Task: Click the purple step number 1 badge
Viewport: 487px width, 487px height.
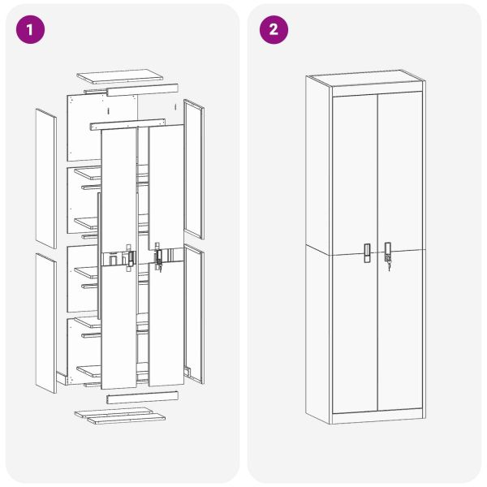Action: (30, 30)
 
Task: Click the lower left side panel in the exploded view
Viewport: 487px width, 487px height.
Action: (46, 322)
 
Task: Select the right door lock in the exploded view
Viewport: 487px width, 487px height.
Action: (157, 257)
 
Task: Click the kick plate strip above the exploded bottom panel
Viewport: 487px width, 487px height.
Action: (142, 397)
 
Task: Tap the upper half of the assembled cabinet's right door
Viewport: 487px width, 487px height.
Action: (401, 170)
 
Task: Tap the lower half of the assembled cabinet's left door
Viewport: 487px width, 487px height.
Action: (354, 333)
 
